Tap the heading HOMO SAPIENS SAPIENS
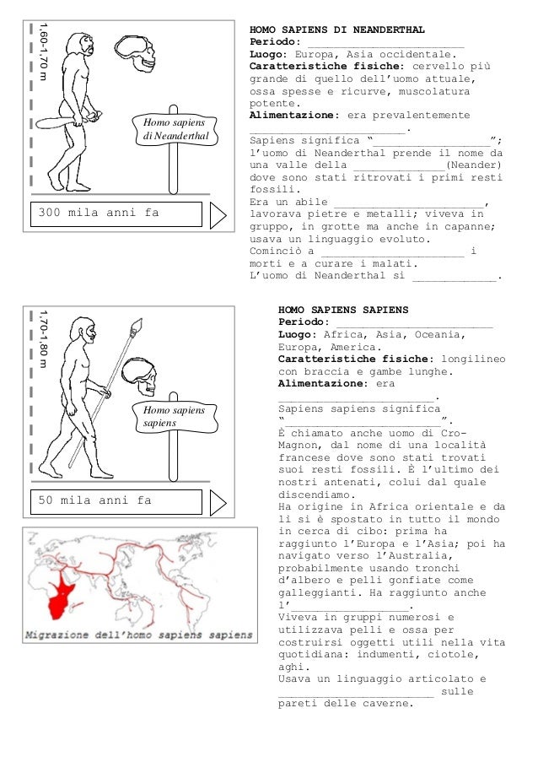click(342, 310)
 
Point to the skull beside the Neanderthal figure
click(137, 53)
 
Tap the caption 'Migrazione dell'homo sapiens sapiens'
click(138, 634)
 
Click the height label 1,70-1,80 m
click(44, 338)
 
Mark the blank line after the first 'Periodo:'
click(386, 42)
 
